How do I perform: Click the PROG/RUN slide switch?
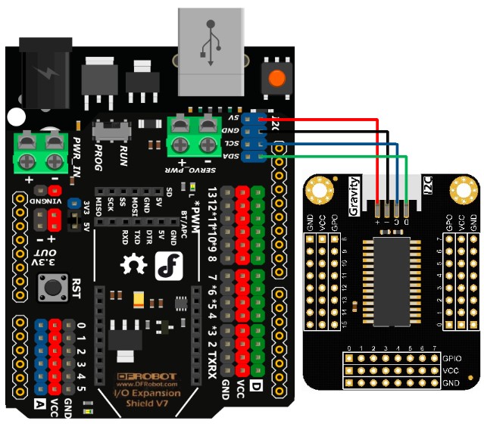point(113,131)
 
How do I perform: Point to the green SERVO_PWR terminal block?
point(191,135)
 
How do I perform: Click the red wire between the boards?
point(333,119)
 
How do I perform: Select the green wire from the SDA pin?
point(341,156)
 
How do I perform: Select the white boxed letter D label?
point(255,388)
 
